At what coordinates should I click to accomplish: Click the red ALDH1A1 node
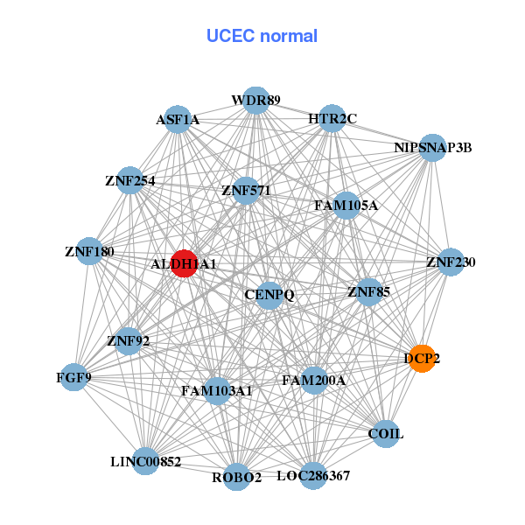[x=183, y=262]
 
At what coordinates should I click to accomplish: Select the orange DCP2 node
[x=423, y=359]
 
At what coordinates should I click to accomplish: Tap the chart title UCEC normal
[x=262, y=36]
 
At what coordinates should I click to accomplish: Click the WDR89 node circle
[x=255, y=100]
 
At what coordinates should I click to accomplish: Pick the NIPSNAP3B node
[x=433, y=147]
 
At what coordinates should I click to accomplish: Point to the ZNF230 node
[x=450, y=262]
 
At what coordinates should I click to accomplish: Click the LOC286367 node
[x=313, y=476]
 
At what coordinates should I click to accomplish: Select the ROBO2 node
[x=236, y=477]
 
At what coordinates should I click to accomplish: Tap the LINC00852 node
[x=146, y=460]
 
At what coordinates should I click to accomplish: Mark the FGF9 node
[x=74, y=377]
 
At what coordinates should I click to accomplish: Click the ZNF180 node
[x=89, y=251]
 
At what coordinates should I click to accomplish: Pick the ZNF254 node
[x=129, y=181]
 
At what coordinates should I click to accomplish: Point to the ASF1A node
[x=178, y=120]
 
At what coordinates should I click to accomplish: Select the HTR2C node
[x=332, y=118]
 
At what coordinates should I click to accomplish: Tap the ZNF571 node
[x=246, y=190]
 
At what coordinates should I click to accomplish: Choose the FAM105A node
[x=346, y=206]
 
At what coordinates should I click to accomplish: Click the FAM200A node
[x=314, y=381]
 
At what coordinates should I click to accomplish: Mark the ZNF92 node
[x=128, y=340]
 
